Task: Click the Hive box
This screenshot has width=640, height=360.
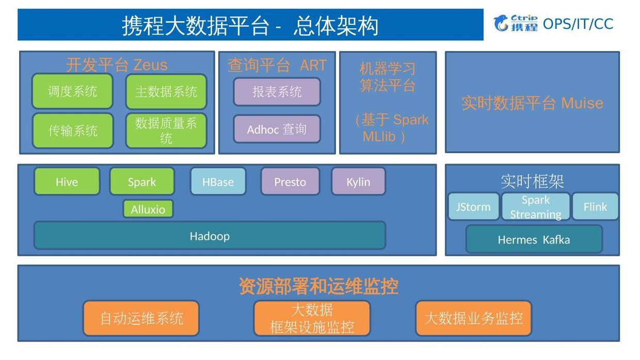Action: pos(67,182)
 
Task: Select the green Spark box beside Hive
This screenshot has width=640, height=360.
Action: pos(142,182)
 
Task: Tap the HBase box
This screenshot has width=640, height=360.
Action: pos(218,182)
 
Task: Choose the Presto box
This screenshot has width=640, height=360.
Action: pos(290,182)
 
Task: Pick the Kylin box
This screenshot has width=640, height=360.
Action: pos(358,182)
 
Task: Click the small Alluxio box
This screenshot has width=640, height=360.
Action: pos(148,209)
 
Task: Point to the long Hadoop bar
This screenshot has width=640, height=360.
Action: pos(210,236)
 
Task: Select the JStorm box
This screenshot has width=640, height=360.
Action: pos(473,207)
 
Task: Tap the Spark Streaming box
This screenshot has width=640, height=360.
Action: pos(536,207)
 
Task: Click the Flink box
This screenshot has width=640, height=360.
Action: pos(595,207)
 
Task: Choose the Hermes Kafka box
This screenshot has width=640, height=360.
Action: pos(534,239)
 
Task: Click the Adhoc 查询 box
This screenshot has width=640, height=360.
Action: pos(277,129)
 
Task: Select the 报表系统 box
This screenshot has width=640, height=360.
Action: pos(277,92)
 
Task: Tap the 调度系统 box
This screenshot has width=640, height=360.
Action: pos(72,91)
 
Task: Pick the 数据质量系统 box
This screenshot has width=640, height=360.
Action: pos(166,130)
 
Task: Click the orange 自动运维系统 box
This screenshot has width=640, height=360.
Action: pos(141,318)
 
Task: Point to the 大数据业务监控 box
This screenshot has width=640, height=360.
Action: pos(473,318)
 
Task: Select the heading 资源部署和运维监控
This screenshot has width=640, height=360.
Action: pos(318,286)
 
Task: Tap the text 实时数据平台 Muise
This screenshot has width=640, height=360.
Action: pos(532,103)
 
